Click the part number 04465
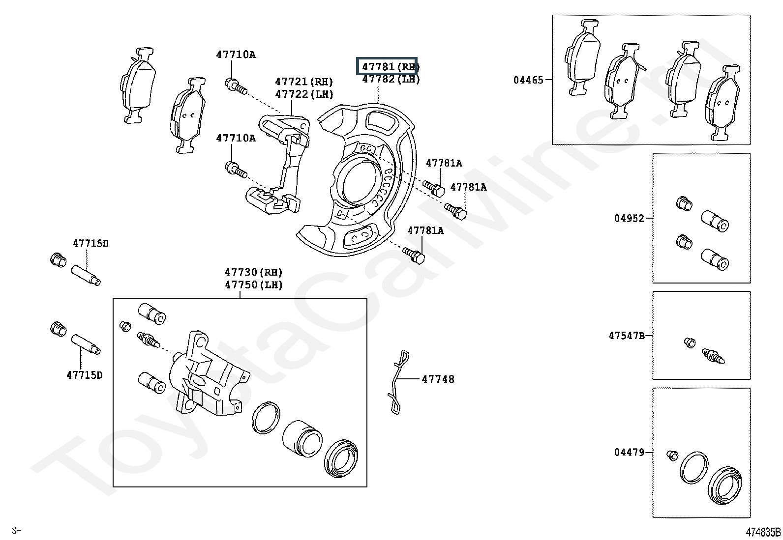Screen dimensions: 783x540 point(528,80)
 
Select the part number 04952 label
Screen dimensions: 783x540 point(629,218)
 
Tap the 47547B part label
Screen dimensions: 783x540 point(627,336)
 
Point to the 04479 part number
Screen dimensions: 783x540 point(629,453)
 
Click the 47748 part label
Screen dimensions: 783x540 point(438,379)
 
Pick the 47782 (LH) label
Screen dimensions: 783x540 point(391,79)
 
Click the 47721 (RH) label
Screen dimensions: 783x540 point(304,82)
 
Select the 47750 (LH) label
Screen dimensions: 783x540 point(253,284)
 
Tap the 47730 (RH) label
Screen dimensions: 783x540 point(253,272)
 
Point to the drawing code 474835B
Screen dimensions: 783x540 point(763,532)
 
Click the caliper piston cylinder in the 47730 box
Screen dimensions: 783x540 point(302,439)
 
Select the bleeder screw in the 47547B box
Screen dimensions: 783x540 point(713,356)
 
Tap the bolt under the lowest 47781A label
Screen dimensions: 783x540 point(414,256)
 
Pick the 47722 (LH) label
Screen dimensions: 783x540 point(304,94)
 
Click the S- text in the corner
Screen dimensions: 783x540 point(16,531)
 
